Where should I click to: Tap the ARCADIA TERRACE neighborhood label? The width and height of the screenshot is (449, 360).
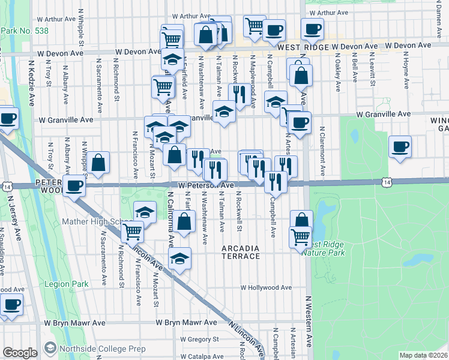click(x=240, y=252)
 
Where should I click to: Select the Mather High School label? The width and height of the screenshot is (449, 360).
click(x=92, y=221)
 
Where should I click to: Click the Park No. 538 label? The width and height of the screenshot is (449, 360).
click(x=22, y=31)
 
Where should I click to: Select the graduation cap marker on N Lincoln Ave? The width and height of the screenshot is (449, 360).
click(x=179, y=259)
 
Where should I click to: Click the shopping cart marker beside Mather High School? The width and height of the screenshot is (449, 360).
click(x=132, y=231)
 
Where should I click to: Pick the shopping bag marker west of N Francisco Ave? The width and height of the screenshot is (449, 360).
click(x=98, y=162)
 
